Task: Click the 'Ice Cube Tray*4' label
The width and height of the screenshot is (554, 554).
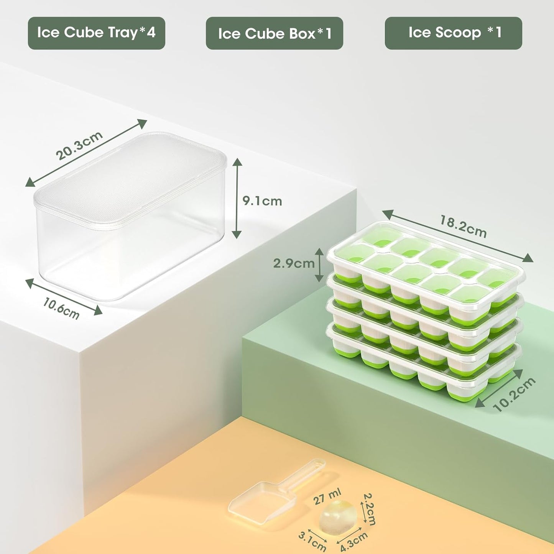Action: click(96, 33)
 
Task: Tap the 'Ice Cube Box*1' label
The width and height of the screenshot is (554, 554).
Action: click(274, 33)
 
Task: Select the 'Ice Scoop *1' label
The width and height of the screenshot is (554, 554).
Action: click(454, 33)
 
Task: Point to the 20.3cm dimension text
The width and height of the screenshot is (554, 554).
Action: click(79, 145)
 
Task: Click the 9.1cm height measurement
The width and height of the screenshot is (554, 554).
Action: click(262, 201)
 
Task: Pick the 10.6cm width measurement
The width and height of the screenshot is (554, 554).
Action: click(61, 309)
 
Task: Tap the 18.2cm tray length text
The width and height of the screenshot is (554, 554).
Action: click(463, 227)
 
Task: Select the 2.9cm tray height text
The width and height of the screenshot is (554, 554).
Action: click(293, 263)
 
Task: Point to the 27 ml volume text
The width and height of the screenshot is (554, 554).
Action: click(327, 497)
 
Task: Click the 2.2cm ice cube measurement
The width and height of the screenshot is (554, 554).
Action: click(369, 509)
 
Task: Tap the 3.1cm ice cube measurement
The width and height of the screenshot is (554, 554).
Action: click(312, 541)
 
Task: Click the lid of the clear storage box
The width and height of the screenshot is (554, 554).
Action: click(130, 176)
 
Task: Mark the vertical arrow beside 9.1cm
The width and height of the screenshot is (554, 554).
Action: click(237, 198)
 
